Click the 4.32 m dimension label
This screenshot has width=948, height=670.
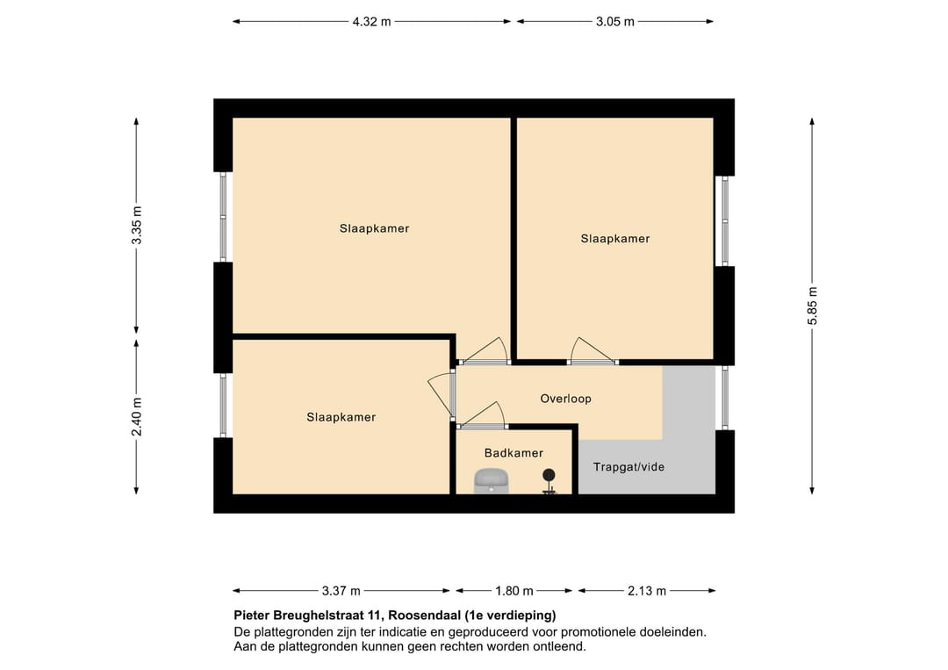[371, 22]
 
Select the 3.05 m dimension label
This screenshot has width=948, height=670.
[614, 22]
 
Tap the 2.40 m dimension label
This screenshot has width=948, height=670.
[136, 416]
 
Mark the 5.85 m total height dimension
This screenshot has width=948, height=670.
[812, 306]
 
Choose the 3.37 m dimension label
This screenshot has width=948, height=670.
[341, 591]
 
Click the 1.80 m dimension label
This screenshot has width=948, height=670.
[514, 591]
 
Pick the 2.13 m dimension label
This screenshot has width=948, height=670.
[647, 591]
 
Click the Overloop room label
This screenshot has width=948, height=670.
[565, 399]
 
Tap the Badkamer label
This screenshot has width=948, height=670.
[513, 453]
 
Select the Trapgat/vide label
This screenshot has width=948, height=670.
[628, 467]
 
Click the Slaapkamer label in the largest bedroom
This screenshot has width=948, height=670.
[374, 228]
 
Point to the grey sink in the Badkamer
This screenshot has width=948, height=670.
[492, 481]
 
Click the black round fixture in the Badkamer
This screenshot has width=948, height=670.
[549, 478]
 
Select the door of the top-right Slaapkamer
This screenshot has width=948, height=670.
[592, 351]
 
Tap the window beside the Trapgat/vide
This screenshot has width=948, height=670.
[724, 398]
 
